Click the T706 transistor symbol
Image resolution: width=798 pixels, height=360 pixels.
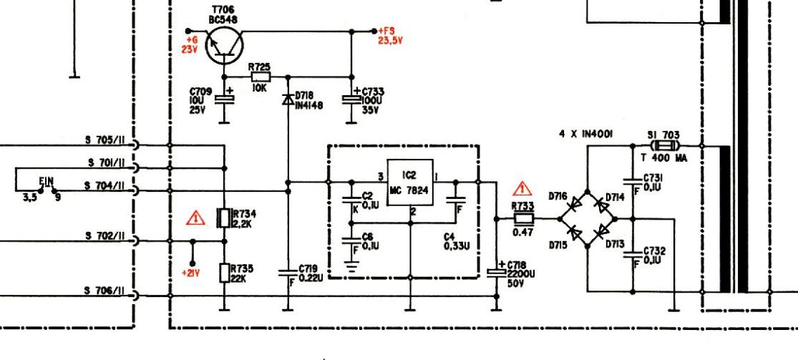coord(224,45)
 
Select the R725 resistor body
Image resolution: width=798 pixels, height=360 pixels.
coord(259,77)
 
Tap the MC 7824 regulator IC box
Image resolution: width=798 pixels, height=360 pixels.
coord(410,183)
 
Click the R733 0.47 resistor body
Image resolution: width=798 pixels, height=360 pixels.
coord(523,218)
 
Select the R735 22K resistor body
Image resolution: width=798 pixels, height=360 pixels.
coord(224,273)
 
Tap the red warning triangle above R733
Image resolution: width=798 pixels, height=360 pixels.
coord(523,190)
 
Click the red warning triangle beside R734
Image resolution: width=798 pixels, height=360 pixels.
coord(194,218)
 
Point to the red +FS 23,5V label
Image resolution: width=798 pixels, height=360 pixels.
coord(389,36)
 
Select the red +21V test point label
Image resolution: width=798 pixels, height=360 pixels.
coord(190,273)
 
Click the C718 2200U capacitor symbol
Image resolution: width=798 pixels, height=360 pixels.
coord(495,272)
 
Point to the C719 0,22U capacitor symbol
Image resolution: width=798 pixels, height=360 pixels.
coord(288,271)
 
